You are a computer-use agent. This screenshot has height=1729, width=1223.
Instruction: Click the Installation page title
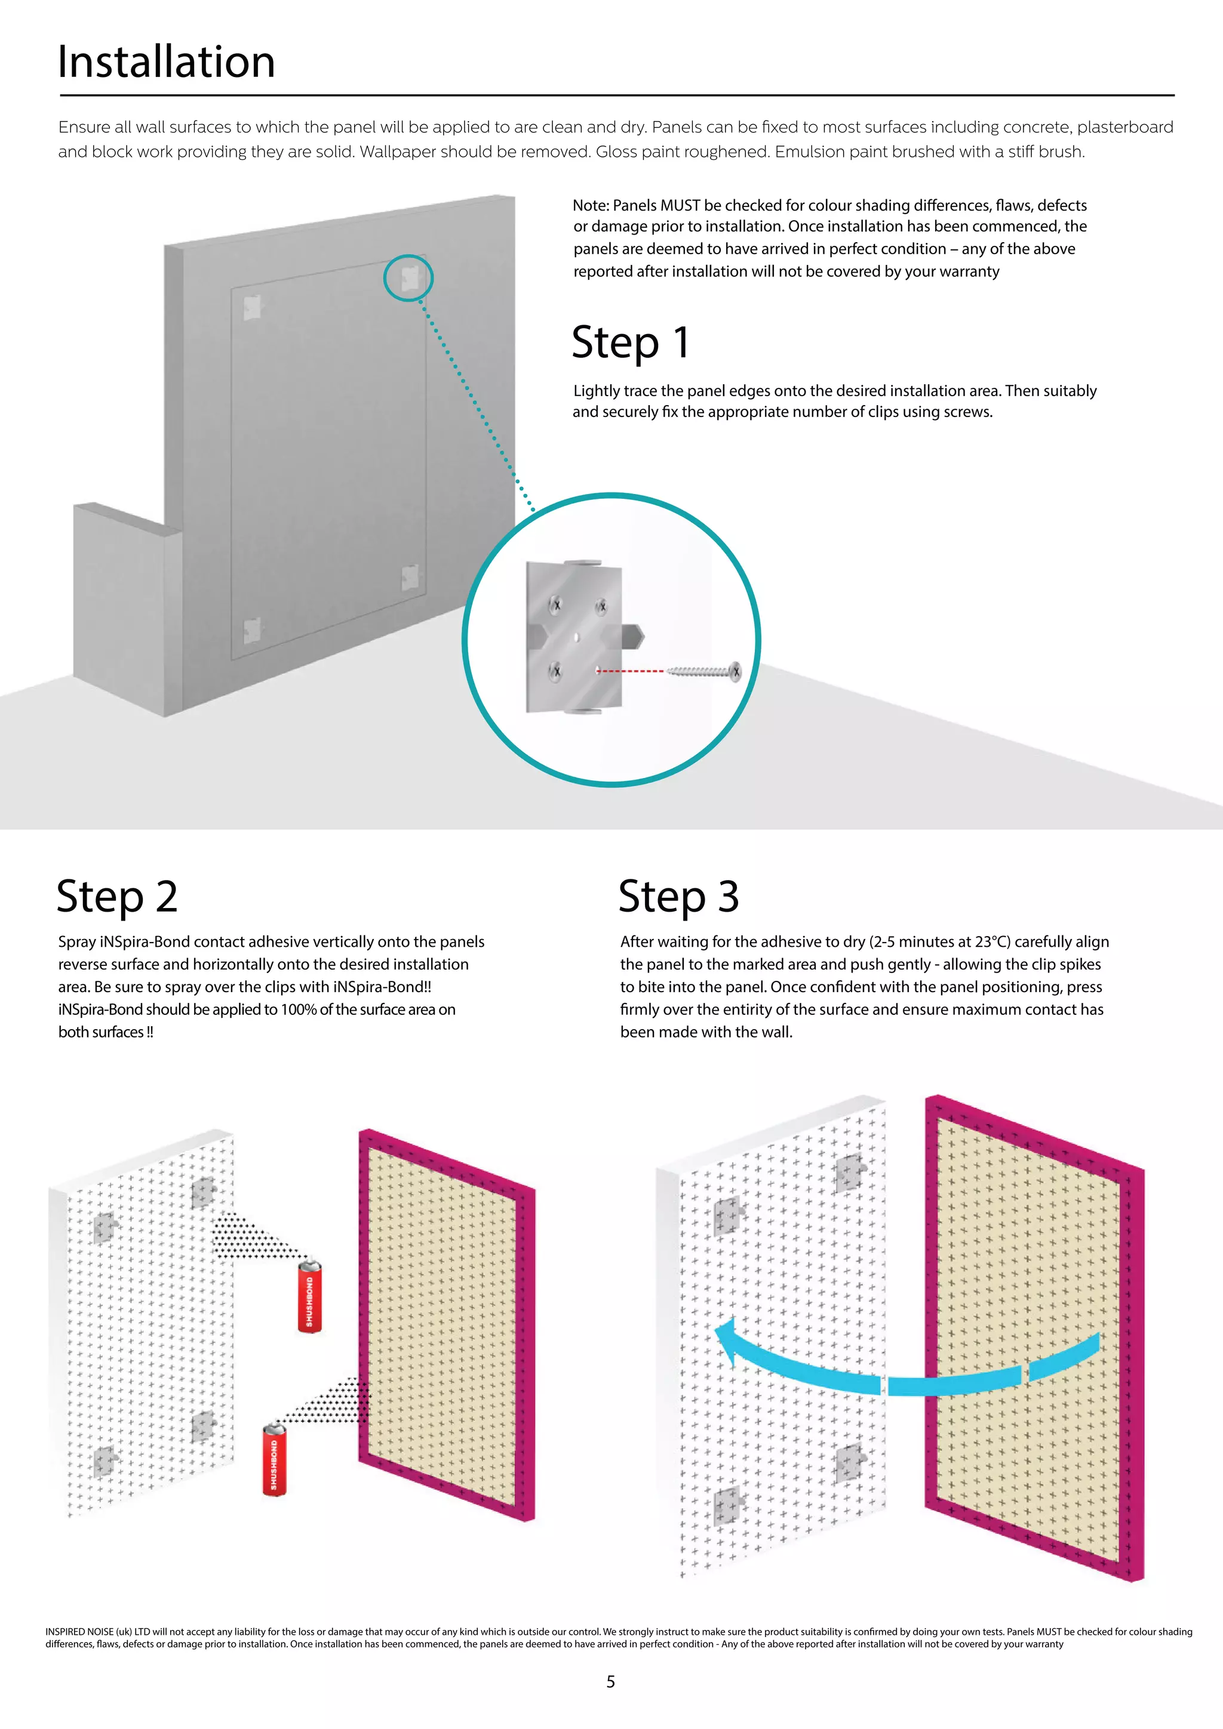pos(167,62)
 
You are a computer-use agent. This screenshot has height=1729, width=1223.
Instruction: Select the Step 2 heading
pos(118,897)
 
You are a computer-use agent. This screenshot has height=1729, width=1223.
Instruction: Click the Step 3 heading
pos(678,897)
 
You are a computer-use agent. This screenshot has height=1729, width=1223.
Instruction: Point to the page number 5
pos(610,1681)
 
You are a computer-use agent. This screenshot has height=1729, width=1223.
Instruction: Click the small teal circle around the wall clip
pos(408,278)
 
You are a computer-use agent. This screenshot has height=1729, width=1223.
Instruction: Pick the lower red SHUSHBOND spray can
pos(274,1459)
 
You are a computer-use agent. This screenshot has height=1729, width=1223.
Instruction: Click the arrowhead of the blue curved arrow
pos(727,1342)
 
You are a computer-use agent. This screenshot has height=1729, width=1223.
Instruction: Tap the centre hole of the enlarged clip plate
pos(576,637)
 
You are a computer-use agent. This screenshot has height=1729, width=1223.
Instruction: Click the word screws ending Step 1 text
pos(966,412)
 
